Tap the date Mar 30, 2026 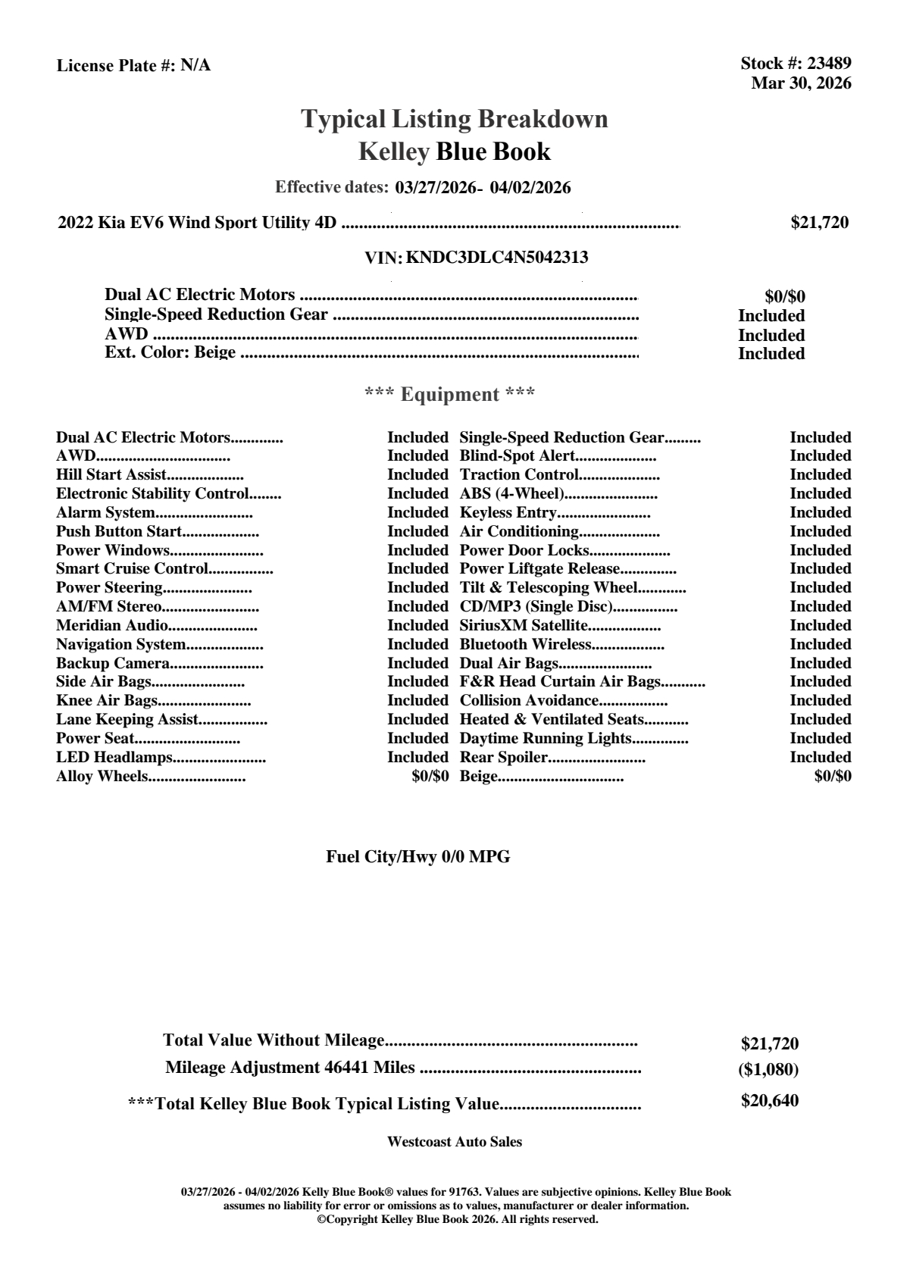point(801,83)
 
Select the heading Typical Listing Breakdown point(455,119)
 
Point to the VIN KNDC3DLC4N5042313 point(497,258)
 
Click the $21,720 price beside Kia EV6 point(819,223)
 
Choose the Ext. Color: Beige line point(170,352)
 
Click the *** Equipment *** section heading point(450,394)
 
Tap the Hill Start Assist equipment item point(111,475)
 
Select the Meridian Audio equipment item point(112,626)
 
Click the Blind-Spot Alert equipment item point(518,456)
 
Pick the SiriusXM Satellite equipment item point(524,626)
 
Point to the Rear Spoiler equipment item point(503,758)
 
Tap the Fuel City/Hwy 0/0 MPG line point(418,857)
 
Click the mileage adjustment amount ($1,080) point(768,1070)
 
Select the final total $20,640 point(769,1101)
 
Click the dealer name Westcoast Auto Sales point(455,1142)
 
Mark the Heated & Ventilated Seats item point(552,720)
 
